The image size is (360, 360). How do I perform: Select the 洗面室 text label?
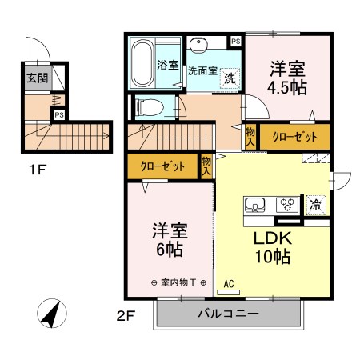point(202,70)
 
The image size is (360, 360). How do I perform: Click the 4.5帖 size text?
point(287,88)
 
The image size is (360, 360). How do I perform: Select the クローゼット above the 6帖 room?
point(162,167)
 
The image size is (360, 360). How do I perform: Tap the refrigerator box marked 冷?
point(315,204)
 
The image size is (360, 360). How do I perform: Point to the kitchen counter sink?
point(257,205)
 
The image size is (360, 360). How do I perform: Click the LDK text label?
point(273,239)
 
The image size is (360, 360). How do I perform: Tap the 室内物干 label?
point(179,283)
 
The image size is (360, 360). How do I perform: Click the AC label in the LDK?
point(229,283)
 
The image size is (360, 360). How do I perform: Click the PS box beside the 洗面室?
point(235,41)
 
